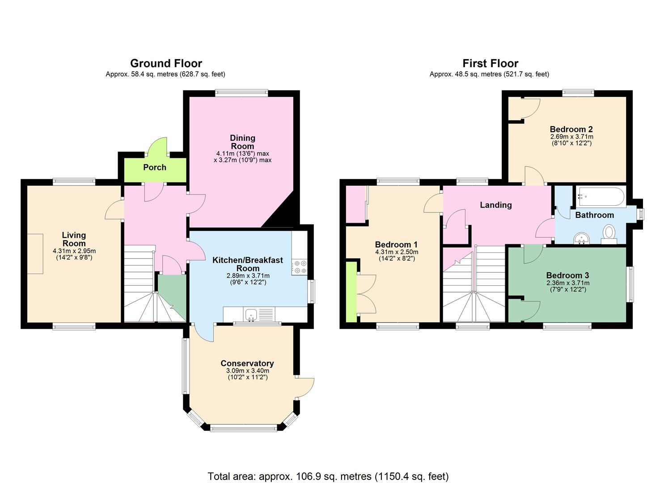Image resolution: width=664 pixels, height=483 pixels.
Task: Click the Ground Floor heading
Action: tap(166, 64)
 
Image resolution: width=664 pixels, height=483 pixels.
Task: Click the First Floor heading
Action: tap(490, 64)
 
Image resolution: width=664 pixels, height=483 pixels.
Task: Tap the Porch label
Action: tap(155, 167)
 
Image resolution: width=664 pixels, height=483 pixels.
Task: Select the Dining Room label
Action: tap(242, 142)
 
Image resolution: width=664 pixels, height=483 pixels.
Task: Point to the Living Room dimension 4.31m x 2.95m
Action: tap(74, 251)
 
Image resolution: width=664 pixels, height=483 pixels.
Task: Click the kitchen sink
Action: tap(252, 314)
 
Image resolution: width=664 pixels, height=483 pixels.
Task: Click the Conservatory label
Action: tap(247, 363)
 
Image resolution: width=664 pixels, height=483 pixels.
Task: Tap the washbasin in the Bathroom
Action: tap(582, 238)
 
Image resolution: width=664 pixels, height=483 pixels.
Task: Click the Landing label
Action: tap(495, 205)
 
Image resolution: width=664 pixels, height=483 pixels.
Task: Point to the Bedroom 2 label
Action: tap(571, 129)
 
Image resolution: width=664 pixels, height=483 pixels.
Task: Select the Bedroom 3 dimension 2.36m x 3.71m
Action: tap(567, 283)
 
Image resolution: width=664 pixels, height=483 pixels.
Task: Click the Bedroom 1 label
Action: tap(396, 245)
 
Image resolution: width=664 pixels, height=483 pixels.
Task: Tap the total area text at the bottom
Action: tap(328, 476)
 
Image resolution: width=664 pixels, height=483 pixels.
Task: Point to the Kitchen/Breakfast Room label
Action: tap(247, 264)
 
